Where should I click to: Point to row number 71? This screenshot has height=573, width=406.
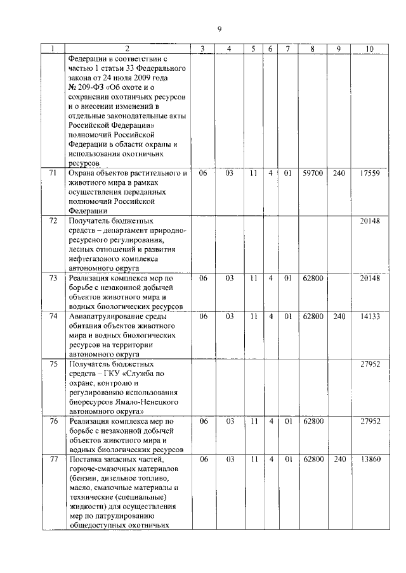tap(53, 172)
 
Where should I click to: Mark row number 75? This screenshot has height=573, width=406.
tap(53, 363)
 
